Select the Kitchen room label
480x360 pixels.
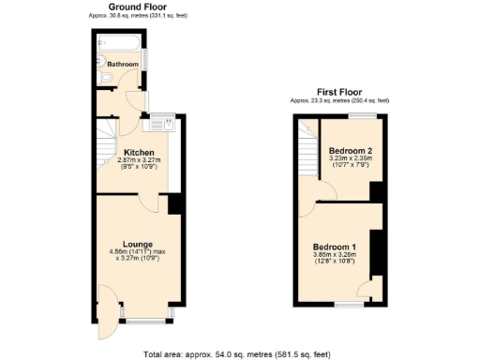click(140, 151)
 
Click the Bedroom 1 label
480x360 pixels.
click(335, 247)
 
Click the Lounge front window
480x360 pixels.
click(144, 321)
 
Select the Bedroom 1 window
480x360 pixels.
click(349, 305)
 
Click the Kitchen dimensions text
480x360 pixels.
click(140, 165)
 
